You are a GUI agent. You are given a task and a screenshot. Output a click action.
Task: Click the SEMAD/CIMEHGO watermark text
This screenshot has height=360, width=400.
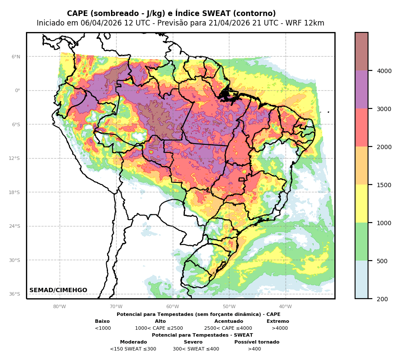tap(58, 290)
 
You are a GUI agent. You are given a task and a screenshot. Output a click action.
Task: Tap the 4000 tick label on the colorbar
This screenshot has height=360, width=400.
tap(384, 71)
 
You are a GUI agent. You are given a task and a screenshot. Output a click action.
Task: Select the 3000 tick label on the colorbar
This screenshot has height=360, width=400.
tap(384, 109)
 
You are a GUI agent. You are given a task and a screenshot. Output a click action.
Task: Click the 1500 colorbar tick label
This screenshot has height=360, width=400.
tap(384, 185)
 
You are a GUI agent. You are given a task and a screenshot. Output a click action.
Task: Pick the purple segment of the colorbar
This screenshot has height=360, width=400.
tap(362, 89)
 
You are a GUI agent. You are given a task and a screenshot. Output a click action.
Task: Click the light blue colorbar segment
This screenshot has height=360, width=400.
tap(362, 279)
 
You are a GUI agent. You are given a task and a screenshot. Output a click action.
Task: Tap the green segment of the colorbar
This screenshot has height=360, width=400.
tap(362, 242)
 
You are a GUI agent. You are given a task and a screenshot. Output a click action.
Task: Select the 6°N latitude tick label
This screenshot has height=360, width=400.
tap(16, 57)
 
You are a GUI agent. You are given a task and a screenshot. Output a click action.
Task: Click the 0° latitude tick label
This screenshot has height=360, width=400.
tap(18, 91)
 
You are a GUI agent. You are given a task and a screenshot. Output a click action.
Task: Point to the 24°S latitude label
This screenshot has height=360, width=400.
tap(15, 226)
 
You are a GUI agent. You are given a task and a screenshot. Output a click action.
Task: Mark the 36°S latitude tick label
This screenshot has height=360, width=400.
tap(15, 294)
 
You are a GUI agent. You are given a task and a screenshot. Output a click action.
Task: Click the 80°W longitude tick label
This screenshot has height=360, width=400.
tap(60, 307)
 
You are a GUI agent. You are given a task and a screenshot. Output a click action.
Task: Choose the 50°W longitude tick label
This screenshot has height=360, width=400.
tap(229, 307)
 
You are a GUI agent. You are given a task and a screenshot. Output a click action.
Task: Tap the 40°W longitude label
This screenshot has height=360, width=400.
tap(286, 307)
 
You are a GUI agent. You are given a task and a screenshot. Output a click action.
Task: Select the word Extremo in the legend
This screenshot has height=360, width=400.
tap(278, 322)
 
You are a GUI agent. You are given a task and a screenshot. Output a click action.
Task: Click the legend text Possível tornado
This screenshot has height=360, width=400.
tap(257, 342)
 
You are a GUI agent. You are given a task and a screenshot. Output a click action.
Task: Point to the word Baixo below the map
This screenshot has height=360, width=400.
tap(102, 322)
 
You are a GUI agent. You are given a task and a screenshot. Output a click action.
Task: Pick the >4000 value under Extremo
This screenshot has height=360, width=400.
tap(279, 328)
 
